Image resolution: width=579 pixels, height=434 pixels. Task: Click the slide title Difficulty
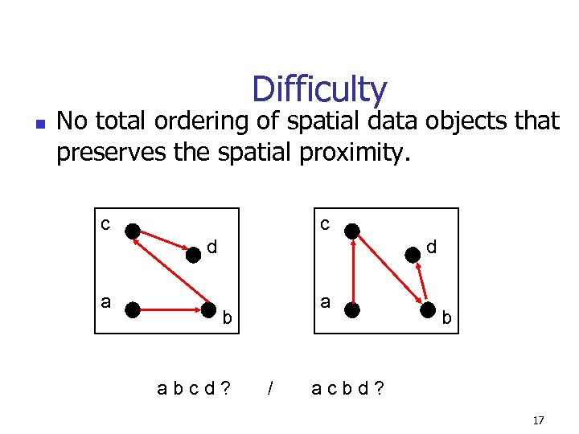click(x=319, y=90)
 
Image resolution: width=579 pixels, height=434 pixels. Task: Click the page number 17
click(x=538, y=420)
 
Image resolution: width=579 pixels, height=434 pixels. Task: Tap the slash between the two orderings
click(x=270, y=389)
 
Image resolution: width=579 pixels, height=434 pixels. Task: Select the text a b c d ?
click(x=193, y=389)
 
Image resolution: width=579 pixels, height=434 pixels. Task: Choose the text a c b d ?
click(x=347, y=389)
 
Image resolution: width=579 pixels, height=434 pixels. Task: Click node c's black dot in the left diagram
click(x=133, y=230)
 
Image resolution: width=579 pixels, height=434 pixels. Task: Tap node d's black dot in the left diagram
click(x=193, y=256)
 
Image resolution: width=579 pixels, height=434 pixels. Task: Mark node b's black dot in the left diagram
click(x=208, y=308)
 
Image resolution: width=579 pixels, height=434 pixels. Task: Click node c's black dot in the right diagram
click(x=352, y=231)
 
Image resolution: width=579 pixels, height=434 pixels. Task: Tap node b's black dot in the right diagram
click(x=426, y=308)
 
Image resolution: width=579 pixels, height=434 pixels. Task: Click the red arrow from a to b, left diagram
click(x=170, y=307)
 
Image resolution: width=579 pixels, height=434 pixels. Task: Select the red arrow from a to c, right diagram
click(x=352, y=269)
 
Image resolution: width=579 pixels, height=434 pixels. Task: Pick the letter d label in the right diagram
click(x=432, y=247)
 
